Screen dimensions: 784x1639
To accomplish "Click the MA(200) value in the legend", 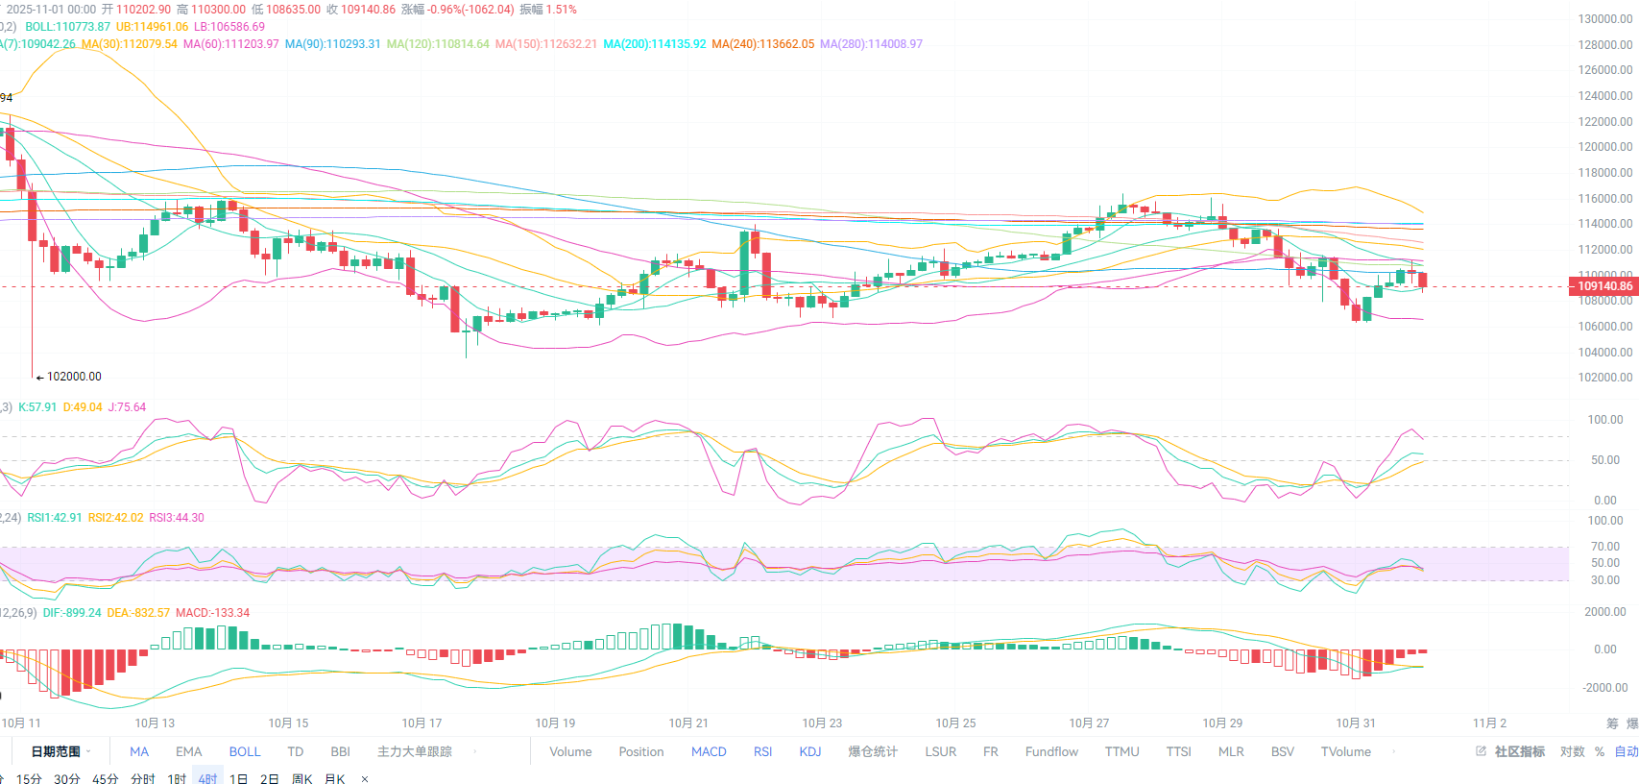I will [654, 44].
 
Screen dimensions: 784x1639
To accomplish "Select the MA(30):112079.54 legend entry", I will [130, 44].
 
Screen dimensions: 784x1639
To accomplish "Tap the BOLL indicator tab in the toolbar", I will [245, 751].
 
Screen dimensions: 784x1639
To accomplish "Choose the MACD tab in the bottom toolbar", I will [709, 751].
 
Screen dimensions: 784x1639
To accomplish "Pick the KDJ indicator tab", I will [810, 751].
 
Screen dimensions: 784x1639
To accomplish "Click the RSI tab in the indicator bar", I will [762, 751].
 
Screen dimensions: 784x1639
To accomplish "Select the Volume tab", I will [570, 751].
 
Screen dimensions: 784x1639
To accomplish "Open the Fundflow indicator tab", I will [1051, 751].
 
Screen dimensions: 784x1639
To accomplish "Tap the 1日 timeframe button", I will [238, 778].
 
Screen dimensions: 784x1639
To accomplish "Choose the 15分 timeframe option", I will [29, 778].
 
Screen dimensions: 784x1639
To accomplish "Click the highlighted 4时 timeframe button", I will [207, 778].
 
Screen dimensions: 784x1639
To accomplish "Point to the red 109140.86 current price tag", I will [1603, 285].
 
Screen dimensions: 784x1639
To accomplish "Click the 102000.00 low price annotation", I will [73, 377].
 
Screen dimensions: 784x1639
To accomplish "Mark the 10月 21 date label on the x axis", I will [688, 723].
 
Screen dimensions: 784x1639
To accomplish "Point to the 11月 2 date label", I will [1489, 723].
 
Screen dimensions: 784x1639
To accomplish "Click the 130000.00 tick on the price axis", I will [1604, 19].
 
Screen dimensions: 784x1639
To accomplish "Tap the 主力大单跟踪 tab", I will [414, 751].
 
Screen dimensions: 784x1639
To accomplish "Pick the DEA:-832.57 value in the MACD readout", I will [138, 613].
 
